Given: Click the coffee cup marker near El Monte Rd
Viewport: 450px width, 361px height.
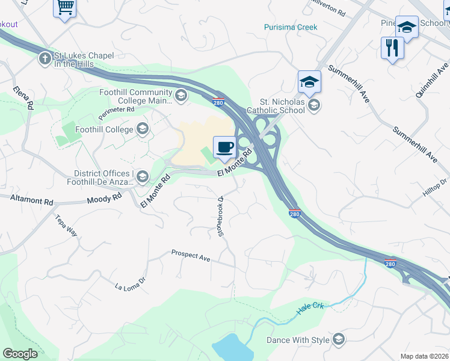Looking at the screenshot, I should coord(224,147).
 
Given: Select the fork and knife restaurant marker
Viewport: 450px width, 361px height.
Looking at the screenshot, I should coord(392,48).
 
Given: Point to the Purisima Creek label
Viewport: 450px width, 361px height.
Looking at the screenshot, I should coord(291,27).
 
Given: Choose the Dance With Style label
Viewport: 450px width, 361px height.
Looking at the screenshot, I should coord(298,340).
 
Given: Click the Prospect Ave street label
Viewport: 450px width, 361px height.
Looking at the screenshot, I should coord(190,255).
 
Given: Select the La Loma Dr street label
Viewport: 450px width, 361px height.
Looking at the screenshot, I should coord(131,283).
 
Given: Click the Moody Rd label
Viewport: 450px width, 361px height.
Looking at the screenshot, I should coord(100,199).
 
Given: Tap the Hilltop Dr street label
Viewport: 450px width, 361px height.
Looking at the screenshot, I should coord(435,188).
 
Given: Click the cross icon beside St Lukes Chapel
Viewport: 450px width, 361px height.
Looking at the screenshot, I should coord(45,59).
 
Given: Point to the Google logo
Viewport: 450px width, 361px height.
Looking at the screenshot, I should coord(20,354).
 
